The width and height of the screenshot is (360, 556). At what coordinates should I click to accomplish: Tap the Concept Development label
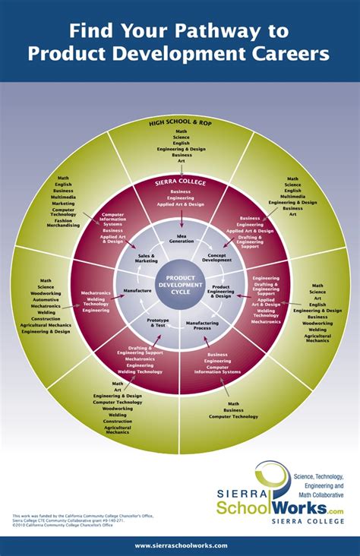point(217,257)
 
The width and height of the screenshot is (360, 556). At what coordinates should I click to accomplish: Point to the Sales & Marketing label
point(147,259)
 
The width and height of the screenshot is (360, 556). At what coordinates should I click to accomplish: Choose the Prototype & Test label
point(157,323)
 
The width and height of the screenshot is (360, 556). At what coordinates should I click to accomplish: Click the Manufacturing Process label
point(202,324)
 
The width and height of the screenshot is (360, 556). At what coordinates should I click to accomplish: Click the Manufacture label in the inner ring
point(137,290)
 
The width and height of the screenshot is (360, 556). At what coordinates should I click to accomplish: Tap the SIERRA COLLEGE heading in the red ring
point(181,183)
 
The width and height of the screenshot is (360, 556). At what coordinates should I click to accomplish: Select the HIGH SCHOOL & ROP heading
point(181,122)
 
